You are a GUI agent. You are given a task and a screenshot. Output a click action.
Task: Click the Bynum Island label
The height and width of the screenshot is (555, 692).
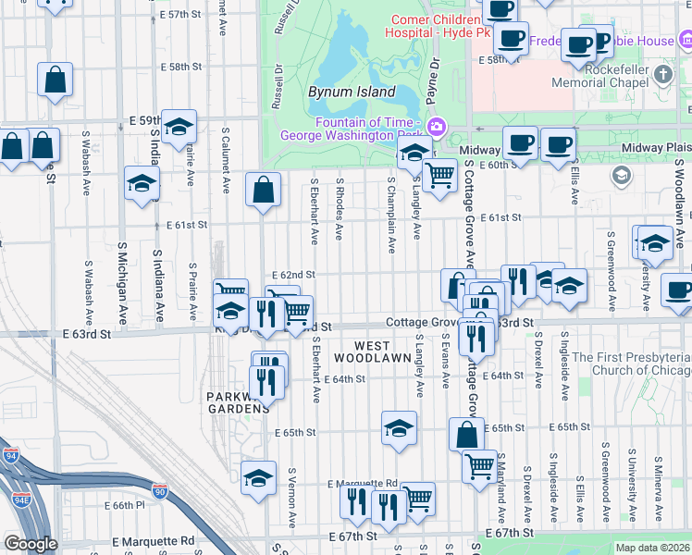[352, 93]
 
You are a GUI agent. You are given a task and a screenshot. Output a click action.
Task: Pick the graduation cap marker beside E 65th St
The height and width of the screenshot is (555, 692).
[399, 428]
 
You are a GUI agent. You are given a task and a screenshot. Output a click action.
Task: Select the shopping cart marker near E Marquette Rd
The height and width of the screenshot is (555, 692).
[418, 498]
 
